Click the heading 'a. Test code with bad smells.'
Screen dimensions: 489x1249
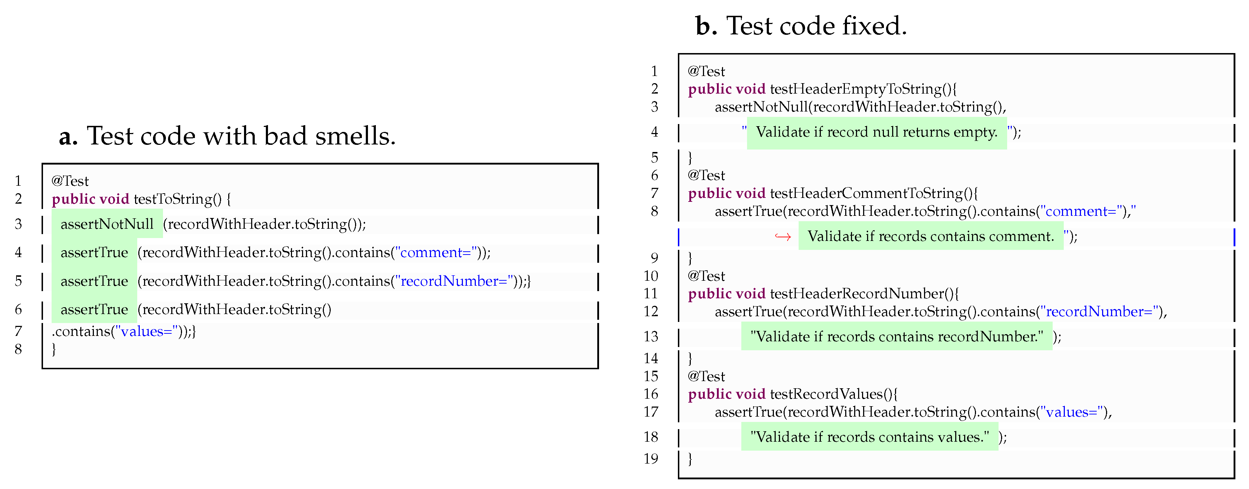coord(227,136)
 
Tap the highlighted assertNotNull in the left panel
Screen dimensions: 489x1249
coord(107,224)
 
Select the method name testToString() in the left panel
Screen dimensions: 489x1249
coord(177,199)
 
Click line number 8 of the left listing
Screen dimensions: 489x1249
coord(18,349)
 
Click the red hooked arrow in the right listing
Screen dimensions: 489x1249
coord(783,237)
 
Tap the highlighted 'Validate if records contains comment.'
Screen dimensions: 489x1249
coord(930,237)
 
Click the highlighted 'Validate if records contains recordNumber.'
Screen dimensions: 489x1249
coord(896,337)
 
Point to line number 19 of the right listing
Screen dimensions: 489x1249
coord(651,459)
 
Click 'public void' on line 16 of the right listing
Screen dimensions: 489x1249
coord(726,394)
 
